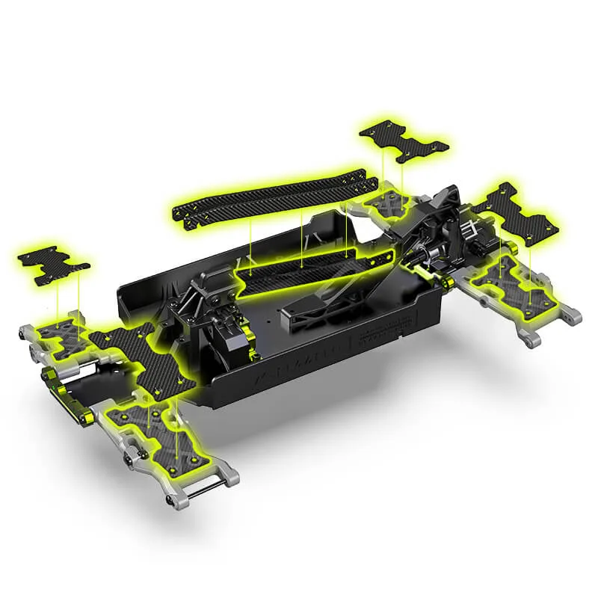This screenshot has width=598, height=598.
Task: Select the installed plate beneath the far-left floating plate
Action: point(60,330)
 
